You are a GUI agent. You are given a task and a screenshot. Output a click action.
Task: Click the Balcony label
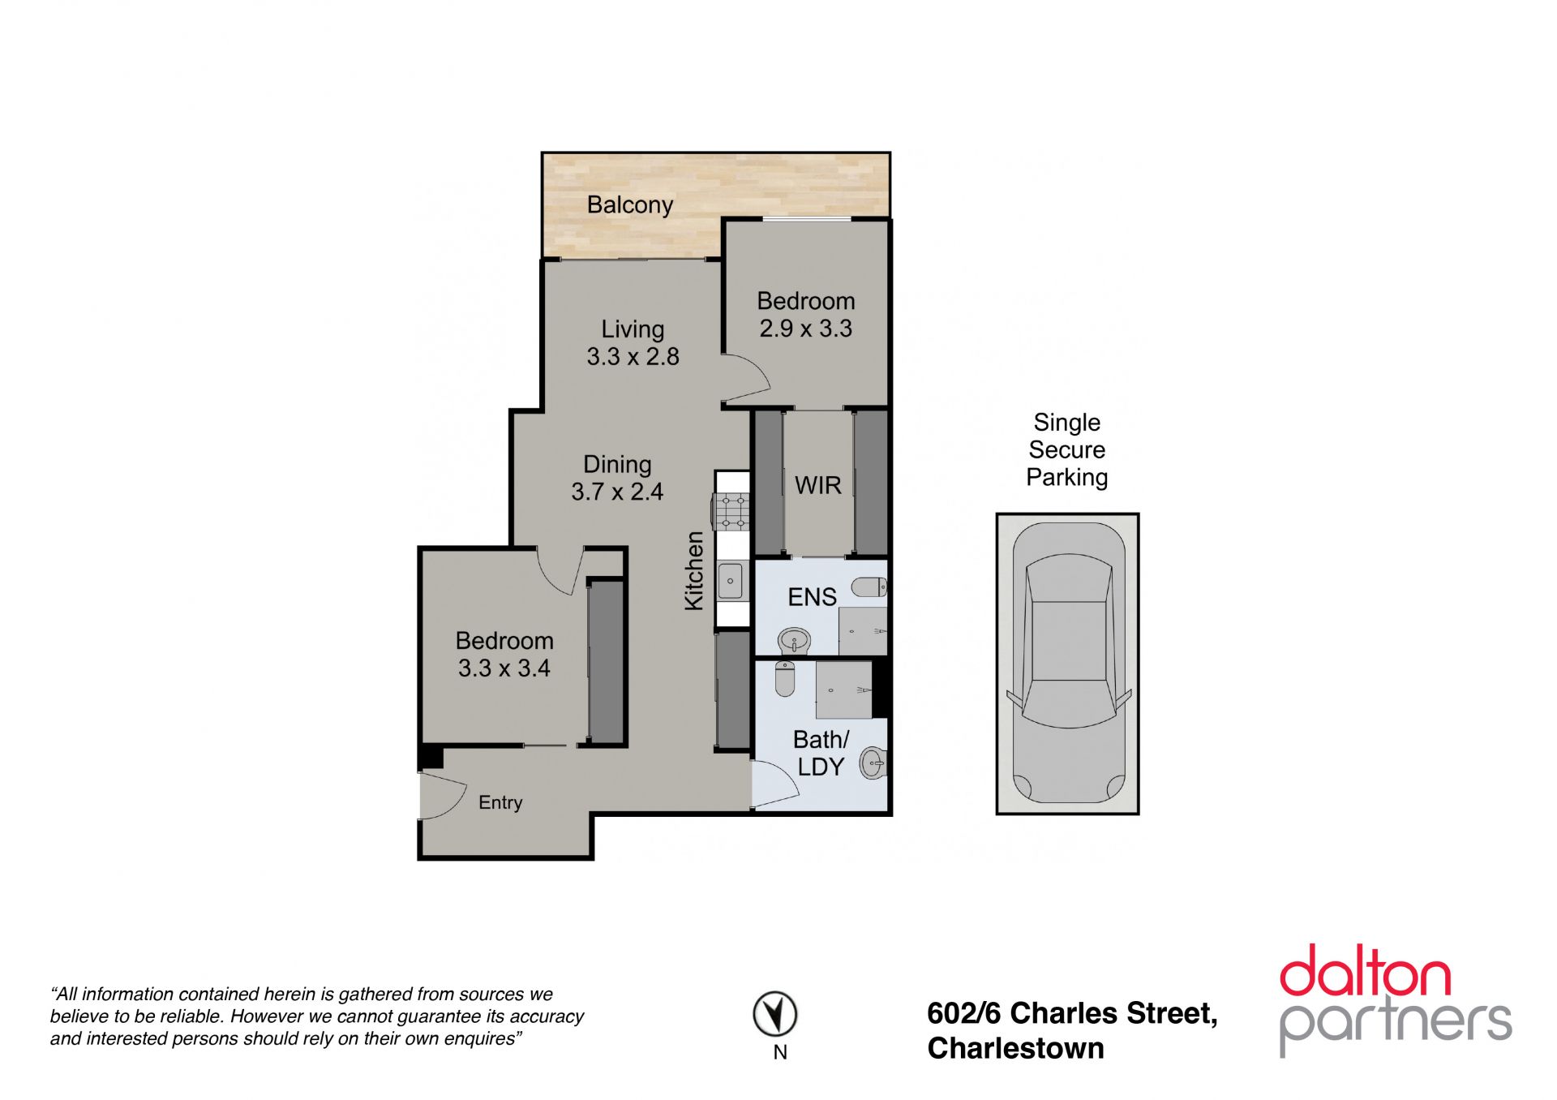tap(630, 205)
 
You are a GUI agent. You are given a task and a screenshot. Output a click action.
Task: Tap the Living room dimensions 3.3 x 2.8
tap(633, 357)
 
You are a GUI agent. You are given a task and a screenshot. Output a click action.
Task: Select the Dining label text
tap(617, 465)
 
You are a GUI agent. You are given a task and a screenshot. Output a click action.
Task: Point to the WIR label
tap(818, 485)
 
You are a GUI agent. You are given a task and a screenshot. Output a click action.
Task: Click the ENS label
tap(812, 597)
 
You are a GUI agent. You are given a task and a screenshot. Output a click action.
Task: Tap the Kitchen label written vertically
tap(694, 570)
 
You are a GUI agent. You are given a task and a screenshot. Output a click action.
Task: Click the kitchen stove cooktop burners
tap(731, 512)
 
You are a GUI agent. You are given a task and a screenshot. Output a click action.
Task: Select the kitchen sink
tap(731, 581)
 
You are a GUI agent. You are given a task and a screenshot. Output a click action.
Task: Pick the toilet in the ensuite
tap(870, 587)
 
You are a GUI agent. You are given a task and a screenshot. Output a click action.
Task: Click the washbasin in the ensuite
tap(794, 641)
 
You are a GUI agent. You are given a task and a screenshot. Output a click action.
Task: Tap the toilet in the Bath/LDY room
tap(785, 678)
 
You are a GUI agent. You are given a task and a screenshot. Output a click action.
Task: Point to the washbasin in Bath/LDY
tap(873, 763)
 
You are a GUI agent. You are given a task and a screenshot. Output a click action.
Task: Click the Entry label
tap(500, 802)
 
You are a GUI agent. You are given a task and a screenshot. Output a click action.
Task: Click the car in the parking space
tap(1067, 663)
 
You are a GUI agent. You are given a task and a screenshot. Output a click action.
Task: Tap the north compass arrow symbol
tap(775, 1014)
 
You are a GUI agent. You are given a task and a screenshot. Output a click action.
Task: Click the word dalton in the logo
tap(1365, 971)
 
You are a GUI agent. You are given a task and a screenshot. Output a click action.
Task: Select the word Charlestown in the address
tap(1015, 1048)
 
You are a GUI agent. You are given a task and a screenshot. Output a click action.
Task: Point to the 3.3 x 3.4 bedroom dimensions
tap(504, 668)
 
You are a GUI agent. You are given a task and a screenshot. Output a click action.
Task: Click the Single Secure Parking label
tap(1067, 449)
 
